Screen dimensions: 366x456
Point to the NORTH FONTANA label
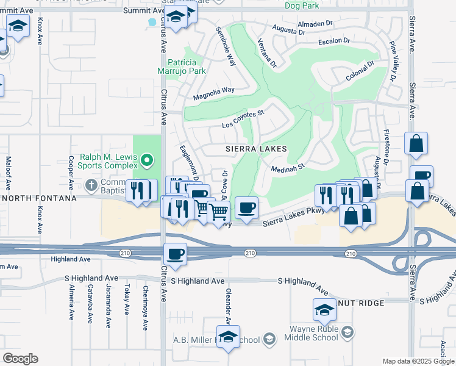point(38,198)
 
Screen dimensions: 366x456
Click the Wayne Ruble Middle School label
point(313,333)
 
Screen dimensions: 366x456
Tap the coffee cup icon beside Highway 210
point(175,254)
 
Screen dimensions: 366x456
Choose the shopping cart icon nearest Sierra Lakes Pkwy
point(218,212)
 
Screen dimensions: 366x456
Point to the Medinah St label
point(288,163)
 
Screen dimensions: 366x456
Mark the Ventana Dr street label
point(266,52)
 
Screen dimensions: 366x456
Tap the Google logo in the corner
point(21,359)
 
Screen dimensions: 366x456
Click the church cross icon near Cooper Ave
point(91,184)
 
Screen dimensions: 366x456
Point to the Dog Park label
point(302,5)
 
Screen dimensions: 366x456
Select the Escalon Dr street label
point(334,43)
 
